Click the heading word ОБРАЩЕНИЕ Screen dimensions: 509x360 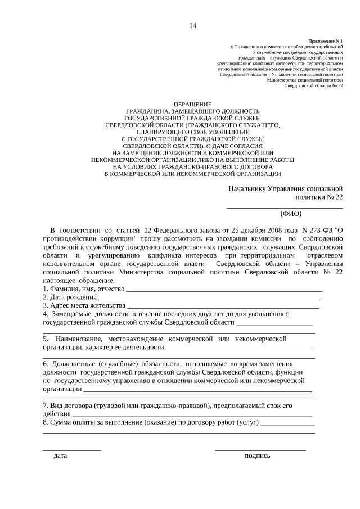point(192,105)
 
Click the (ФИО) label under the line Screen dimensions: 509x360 point(291,214)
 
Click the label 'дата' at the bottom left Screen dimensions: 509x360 point(60,456)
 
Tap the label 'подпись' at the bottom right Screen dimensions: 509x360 point(257,456)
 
